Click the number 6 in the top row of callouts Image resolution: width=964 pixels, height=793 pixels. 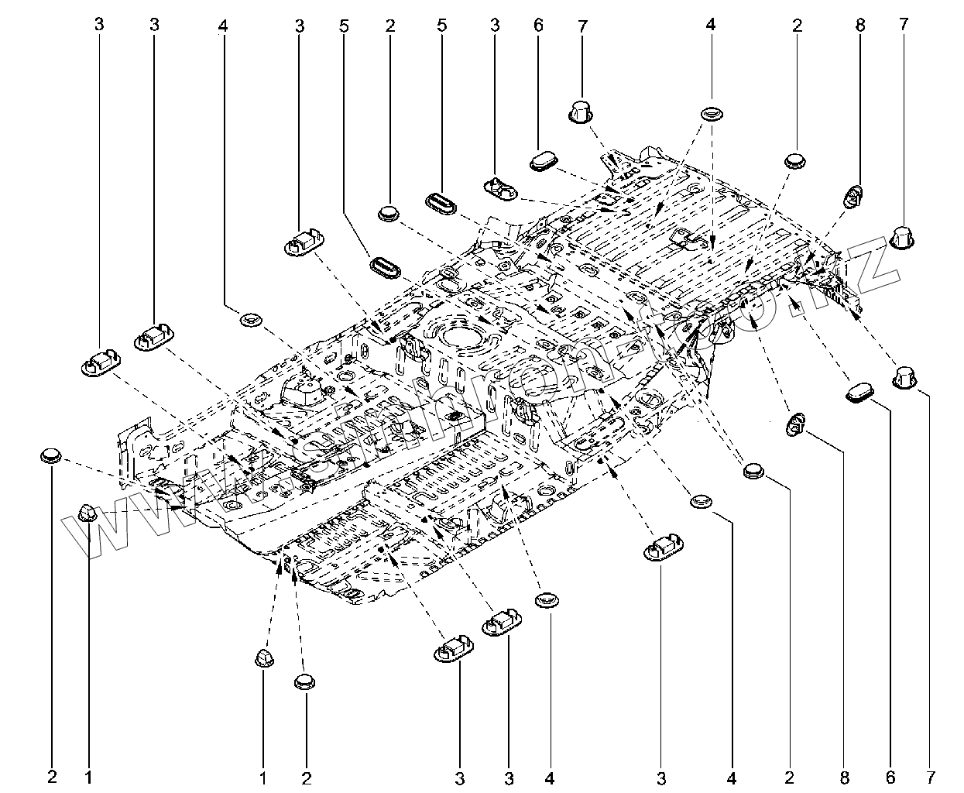[538, 25]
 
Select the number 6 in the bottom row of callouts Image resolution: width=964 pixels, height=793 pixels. [890, 775]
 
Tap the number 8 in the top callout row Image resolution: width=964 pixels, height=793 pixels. [859, 25]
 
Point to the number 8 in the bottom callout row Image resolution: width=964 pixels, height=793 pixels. [845, 775]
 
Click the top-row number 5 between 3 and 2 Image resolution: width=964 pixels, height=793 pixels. [343, 25]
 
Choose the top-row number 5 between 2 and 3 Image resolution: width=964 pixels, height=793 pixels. [441, 25]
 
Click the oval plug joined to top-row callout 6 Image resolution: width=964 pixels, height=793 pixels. [544, 162]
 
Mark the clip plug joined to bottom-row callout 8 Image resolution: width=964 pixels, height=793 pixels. [796, 424]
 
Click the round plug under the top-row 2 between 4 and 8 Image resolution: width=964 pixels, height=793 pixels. [796, 160]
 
